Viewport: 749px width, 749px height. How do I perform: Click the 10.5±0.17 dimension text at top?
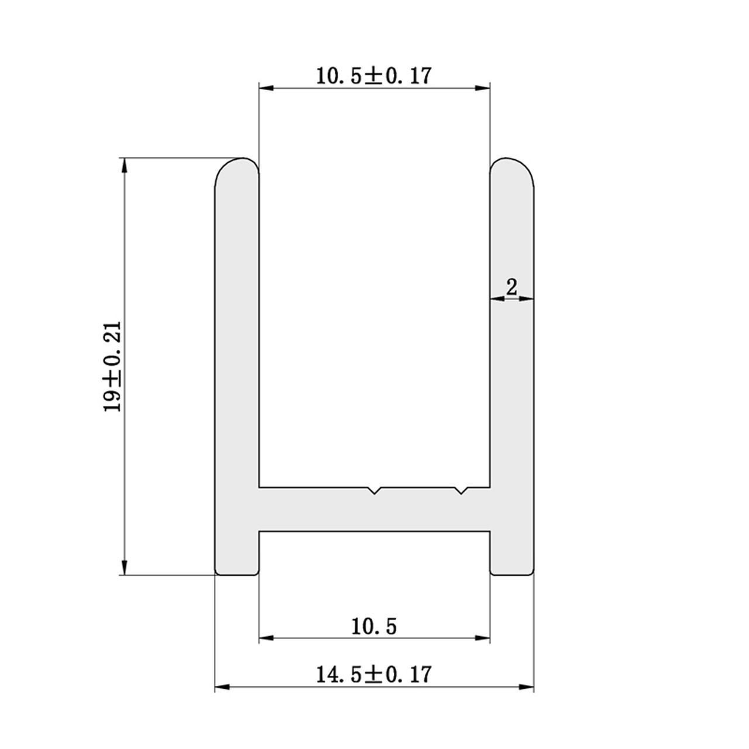(373, 75)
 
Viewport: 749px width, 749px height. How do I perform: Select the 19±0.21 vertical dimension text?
(112, 366)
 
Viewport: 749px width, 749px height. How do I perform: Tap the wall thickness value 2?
(511, 287)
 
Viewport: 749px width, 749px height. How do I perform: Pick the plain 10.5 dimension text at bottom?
(374, 627)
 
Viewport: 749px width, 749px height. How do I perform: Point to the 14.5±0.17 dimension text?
(373, 674)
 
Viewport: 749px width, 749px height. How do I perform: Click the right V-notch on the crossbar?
(462, 490)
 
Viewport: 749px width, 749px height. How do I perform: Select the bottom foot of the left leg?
(237, 562)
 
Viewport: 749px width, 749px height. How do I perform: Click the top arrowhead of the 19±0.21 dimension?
(124, 165)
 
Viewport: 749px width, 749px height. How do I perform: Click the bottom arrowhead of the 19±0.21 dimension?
(124, 568)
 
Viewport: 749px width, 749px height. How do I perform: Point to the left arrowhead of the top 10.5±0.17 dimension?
(266, 88)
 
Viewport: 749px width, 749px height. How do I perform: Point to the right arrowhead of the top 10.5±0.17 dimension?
(483, 88)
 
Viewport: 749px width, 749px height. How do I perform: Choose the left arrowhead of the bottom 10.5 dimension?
(266, 637)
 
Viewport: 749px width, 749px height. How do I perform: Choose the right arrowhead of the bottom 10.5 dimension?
(483, 637)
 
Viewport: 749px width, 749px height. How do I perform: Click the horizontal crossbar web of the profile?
(316, 509)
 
